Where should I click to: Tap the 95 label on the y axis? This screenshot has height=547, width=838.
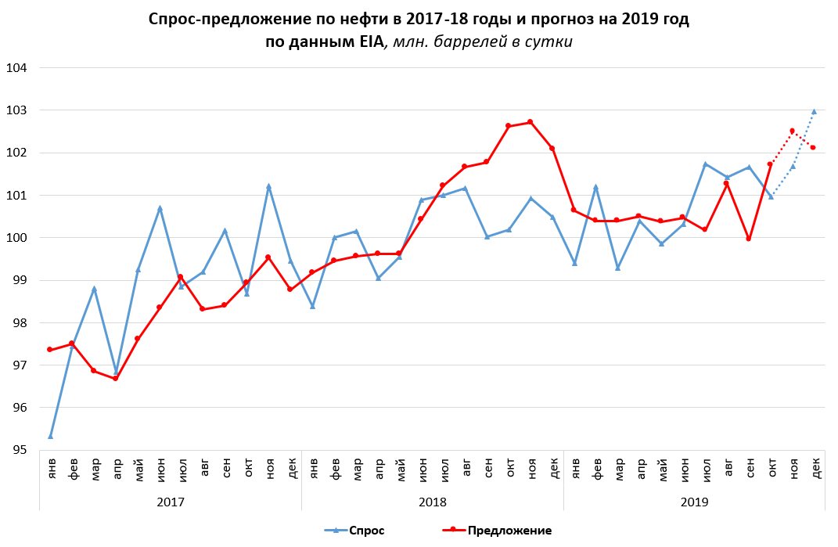pyautogui.click(x=18, y=450)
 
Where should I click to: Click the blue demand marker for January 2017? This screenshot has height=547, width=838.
pyautogui.click(x=51, y=436)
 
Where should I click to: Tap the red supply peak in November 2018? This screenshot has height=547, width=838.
pyautogui.click(x=530, y=122)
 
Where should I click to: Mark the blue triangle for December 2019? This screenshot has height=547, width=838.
pyautogui.click(x=814, y=111)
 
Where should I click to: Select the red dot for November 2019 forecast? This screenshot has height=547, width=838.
pyautogui.click(x=792, y=131)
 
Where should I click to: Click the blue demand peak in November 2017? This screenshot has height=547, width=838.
pyautogui.click(x=268, y=186)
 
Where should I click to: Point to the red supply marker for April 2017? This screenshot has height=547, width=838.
pyautogui.click(x=116, y=378)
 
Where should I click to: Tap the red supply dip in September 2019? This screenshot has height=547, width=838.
pyautogui.click(x=748, y=239)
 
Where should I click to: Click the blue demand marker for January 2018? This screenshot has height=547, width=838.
pyautogui.click(x=312, y=306)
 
